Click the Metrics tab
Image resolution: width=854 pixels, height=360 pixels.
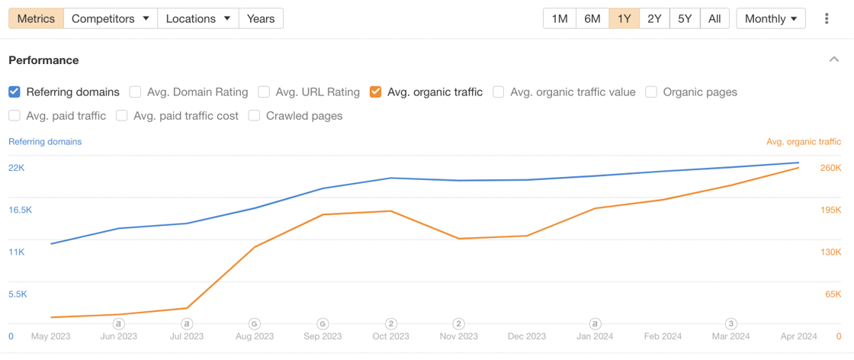click(x=36, y=18)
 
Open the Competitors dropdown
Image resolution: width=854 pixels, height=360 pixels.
click(x=110, y=18)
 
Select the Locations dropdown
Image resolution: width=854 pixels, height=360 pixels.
click(x=197, y=18)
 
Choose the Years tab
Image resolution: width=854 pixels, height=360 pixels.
click(x=261, y=18)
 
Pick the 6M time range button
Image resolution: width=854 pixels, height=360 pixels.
click(x=592, y=18)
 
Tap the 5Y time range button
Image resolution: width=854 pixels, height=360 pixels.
click(x=685, y=18)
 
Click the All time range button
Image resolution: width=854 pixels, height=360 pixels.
click(x=714, y=18)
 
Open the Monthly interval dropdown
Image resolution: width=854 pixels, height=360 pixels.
click(x=771, y=18)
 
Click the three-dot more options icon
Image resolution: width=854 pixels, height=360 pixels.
click(x=827, y=18)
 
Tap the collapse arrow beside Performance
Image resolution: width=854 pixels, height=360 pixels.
click(x=834, y=59)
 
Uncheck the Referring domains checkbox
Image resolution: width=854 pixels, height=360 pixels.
click(x=14, y=92)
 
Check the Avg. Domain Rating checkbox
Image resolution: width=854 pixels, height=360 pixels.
click(x=135, y=92)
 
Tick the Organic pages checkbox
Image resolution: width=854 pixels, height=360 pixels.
click(x=651, y=92)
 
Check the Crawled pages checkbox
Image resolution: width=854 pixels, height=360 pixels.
click(x=255, y=116)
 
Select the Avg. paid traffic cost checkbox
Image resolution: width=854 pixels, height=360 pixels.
click(x=122, y=116)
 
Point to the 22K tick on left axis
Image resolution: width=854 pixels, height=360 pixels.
click(x=17, y=168)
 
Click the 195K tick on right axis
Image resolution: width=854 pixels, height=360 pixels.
click(x=830, y=210)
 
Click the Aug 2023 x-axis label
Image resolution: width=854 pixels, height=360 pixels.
click(x=255, y=336)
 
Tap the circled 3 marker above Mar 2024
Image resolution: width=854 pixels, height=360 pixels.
click(x=730, y=324)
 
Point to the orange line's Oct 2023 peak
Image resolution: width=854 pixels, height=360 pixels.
click(x=390, y=211)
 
